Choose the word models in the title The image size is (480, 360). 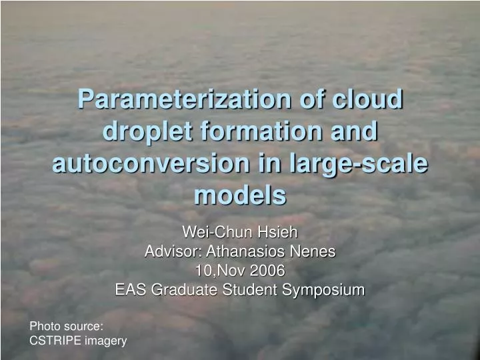[240, 195]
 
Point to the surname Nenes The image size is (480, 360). [314, 252]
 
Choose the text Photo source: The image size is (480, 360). [66, 326]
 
